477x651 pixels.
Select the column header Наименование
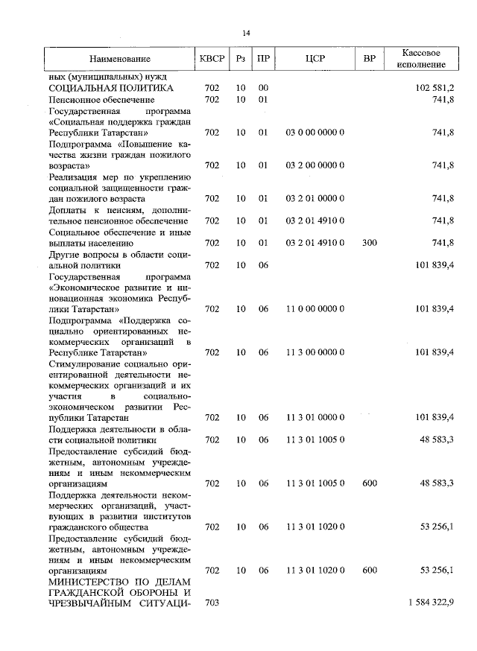120,58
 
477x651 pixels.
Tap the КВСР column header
212,58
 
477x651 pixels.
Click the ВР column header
369,58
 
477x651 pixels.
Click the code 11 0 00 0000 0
315,308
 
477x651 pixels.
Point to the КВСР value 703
212,603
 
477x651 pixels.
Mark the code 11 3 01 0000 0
315,418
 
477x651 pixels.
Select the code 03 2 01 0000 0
315,198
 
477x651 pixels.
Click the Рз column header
240,58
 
